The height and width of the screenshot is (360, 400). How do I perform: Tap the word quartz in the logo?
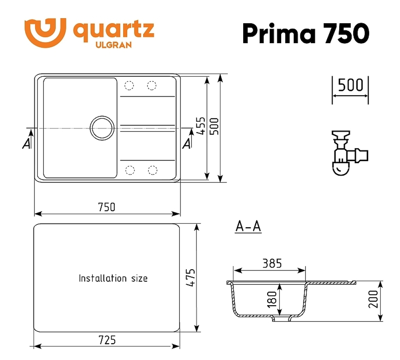tap(113, 30)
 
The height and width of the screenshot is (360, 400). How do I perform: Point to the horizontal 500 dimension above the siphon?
tap(350, 85)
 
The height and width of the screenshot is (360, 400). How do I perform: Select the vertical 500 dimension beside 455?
tap(214, 126)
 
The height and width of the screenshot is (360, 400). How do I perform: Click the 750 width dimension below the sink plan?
tap(106, 207)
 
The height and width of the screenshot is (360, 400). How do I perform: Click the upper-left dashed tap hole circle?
tap(129, 85)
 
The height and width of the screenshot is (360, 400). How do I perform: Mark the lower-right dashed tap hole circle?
tap(152, 170)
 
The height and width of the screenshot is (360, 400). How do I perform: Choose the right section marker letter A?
tap(186, 144)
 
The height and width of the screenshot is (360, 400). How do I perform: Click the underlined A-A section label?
tap(248, 227)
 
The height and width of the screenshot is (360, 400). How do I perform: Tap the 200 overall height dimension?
tap(373, 299)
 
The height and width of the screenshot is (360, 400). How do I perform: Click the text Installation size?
tap(113, 278)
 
